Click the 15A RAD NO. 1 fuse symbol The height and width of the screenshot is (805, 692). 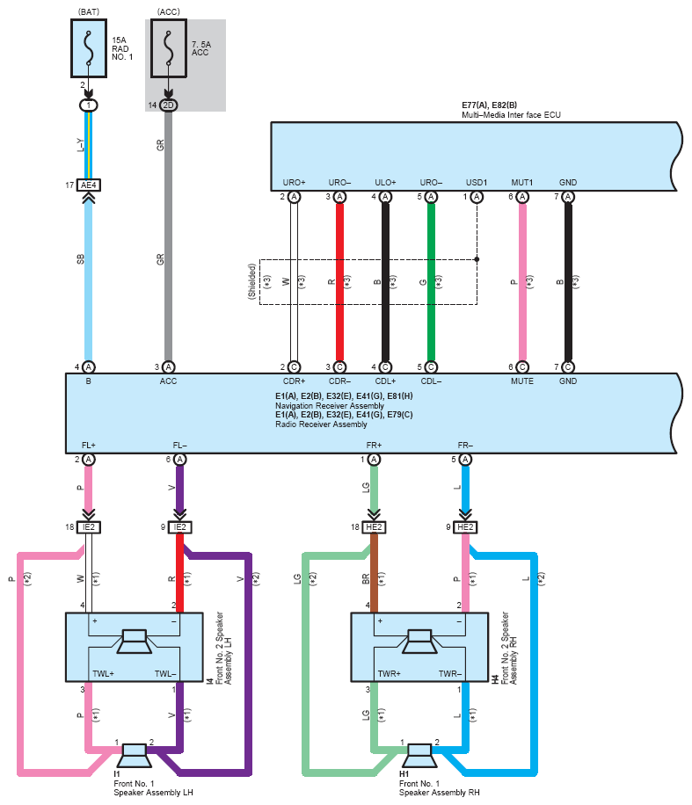point(88,48)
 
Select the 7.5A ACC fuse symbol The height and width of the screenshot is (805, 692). point(169,48)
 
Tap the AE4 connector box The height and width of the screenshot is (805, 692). point(88,185)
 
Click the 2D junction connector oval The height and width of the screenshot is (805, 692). point(169,105)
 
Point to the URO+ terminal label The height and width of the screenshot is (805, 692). point(294,182)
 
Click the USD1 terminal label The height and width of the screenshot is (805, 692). point(477,182)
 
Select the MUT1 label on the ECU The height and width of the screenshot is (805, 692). point(522,182)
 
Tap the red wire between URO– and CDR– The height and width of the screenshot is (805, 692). point(339,282)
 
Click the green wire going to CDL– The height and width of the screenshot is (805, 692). point(431,282)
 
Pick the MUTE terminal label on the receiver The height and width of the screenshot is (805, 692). point(522,381)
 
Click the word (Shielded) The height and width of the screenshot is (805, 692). point(251,281)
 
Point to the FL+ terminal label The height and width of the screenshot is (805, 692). point(88,445)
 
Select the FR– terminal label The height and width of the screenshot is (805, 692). point(465,445)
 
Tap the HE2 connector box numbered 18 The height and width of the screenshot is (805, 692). point(374,527)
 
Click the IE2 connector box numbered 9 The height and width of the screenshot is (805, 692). point(179,527)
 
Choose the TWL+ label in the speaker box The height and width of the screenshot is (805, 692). point(103,673)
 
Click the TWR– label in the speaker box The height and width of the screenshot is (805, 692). point(450,673)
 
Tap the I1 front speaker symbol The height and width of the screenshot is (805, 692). point(135,755)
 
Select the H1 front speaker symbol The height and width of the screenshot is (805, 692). point(419,755)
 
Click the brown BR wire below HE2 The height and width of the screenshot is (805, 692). point(374,573)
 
